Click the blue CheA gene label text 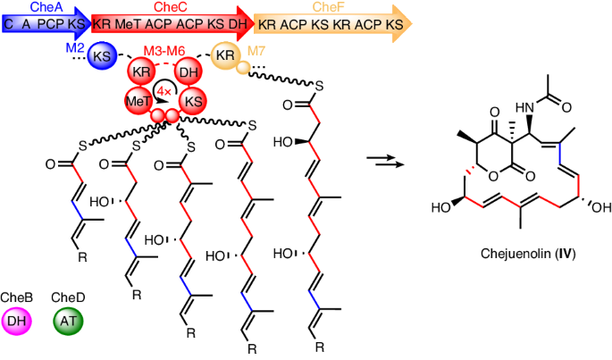click(x=44, y=6)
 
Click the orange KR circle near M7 click(x=225, y=55)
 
